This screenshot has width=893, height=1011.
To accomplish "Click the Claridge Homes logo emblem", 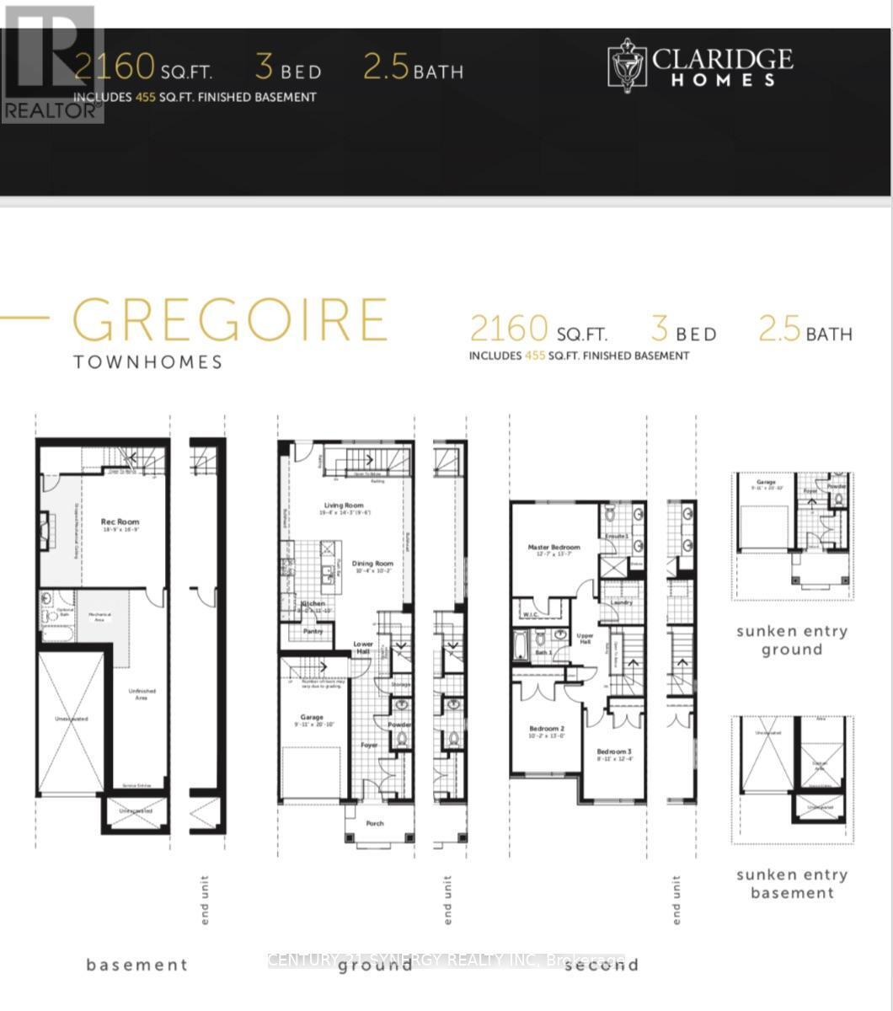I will [x=627, y=65].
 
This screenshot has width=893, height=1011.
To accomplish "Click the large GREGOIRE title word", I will [x=230, y=321].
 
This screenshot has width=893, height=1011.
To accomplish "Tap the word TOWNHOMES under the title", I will [x=148, y=362].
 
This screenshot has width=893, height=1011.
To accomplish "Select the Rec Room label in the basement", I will [x=120, y=522].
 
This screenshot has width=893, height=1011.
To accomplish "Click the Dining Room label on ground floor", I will [x=372, y=564].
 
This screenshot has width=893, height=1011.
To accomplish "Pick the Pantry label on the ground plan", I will [x=313, y=631].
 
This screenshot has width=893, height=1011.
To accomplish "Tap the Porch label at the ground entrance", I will [x=375, y=823].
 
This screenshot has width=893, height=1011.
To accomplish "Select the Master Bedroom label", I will [x=553, y=548].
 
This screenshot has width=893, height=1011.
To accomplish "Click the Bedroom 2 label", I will [x=546, y=729].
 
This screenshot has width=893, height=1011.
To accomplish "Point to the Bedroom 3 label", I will [x=613, y=752].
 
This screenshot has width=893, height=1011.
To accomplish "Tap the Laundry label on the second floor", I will [x=623, y=602].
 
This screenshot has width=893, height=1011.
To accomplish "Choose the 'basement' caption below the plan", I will [x=136, y=965].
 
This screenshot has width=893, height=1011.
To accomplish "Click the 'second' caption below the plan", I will [x=602, y=965].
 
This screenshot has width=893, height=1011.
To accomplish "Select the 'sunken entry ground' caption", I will [x=792, y=640].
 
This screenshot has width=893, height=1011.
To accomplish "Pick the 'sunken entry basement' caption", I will [x=792, y=884].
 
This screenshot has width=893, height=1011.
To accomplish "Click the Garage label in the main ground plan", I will [x=312, y=718].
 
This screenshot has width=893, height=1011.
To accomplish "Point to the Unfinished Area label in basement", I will [x=142, y=694].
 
